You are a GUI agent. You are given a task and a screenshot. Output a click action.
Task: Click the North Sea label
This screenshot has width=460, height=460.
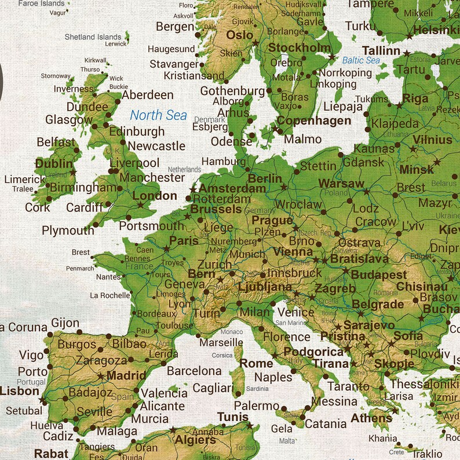[x=158, y=115]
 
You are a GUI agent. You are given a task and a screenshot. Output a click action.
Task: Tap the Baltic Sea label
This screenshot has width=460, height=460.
[x=361, y=60]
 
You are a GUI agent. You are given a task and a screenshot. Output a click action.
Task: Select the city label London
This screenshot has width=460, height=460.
[x=155, y=196]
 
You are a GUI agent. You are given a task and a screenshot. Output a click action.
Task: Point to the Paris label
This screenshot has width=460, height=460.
[x=184, y=240]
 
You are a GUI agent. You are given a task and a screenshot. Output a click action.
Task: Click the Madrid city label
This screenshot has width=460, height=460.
[x=126, y=375]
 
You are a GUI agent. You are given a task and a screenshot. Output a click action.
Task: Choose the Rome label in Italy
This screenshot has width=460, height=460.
[x=256, y=363]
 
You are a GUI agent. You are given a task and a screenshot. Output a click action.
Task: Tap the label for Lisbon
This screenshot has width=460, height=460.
[x=19, y=391]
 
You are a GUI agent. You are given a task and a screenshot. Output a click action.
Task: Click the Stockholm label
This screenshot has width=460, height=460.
[x=300, y=48]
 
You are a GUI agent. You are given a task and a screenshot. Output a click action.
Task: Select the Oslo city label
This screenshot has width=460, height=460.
[x=239, y=35]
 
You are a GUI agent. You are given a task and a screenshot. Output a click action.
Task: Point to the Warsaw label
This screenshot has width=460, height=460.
[x=341, y=184]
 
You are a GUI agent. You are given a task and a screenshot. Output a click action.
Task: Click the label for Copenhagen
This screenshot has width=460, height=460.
[x=313, y=121]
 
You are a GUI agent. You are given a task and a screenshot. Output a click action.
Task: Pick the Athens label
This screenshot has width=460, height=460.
[x=371, y=418]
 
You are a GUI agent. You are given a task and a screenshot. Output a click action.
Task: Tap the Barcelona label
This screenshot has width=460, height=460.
[x=194, y=371]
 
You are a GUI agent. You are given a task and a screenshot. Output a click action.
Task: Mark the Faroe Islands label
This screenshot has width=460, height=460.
[x=41, y=3]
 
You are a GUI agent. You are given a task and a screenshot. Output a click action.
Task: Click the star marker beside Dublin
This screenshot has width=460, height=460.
[x=73, y=173]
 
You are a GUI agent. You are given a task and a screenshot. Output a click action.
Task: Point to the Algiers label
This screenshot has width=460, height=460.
[x=195, y=440]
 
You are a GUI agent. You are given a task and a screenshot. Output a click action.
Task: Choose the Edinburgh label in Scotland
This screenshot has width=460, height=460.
[x=137, y=132]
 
